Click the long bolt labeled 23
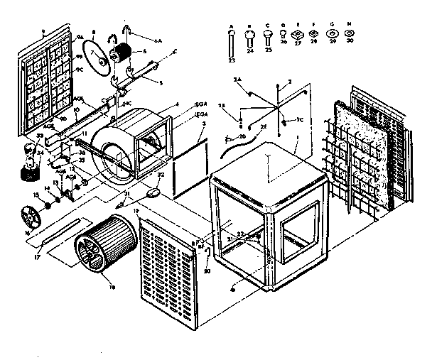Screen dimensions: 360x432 pos(232,44)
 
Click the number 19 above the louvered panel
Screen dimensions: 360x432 pos(135,212)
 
